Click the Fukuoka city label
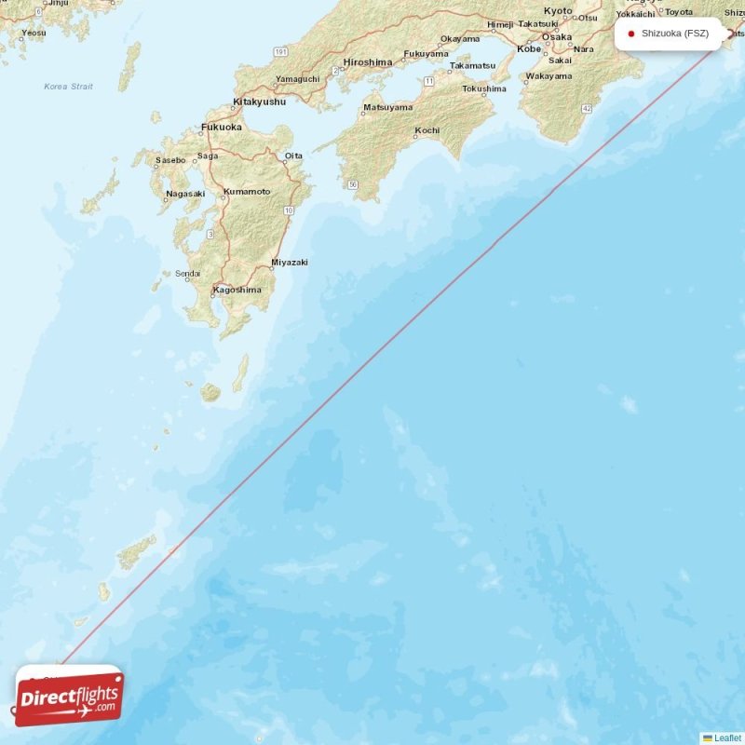[x=222, y=127]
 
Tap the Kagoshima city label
[x=237, y=290]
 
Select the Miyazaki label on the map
[x=289, y=263]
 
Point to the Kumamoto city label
[x=247, y=192]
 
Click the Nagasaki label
[x=184, y=194]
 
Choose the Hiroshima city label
[x=367, y=62]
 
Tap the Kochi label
[x=427, y=130]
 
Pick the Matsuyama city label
[x=387, y=108]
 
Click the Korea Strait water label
[x=69, y=87]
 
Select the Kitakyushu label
[x=259, y=102]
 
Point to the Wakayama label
[x=549, y=76]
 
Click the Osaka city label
[x=557, y=36]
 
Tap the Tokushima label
[x=484, y=89]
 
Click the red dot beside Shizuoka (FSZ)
[x=631, y=34]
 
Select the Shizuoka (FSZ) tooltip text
[x=675, y=34]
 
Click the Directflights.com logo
[x=69, y=696]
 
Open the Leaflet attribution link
[x=727, y=738]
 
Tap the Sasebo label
[x=170, y=160]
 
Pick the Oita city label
[x=293, y=156]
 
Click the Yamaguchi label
[x=298, y=79]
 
